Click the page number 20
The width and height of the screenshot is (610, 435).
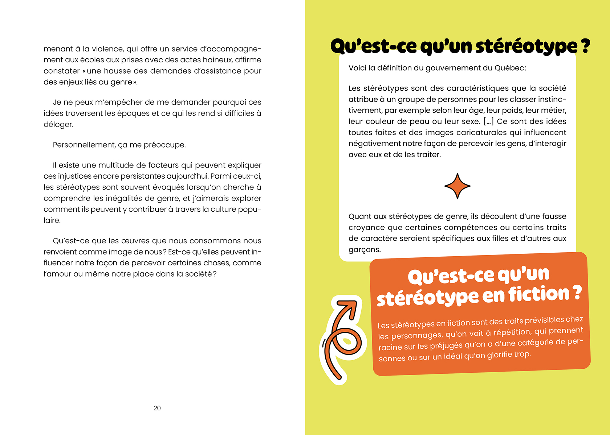[157, 408]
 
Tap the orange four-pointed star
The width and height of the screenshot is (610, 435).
[457, 186]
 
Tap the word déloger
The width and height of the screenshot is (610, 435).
[58, 125]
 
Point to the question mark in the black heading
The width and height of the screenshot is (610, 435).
[585, 46]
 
